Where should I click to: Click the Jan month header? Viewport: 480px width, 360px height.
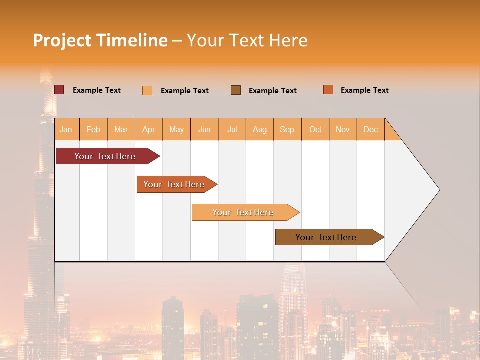[x=66, y=129]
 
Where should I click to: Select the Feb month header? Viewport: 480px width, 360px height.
[x=93, y=129]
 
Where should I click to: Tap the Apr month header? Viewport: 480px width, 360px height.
[x=149, y=129]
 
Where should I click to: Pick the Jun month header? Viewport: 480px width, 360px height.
[x=204, y=129]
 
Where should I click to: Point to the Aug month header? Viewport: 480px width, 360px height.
[x=260, y=129]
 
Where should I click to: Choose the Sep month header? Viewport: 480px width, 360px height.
[x=287, y=129]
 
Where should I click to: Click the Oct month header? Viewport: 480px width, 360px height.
[x=315, y=129]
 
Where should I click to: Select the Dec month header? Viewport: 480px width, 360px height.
[x=371, y=129]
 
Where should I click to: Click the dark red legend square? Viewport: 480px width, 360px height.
[x=59, y=90]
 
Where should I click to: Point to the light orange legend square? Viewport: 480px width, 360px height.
[x=147, y=90]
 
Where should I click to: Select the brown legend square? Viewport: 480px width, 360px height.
[x=236, y=90]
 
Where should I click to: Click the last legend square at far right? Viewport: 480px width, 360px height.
[x=328, y=90]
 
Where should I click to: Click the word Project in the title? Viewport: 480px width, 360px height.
[x=61, y=40]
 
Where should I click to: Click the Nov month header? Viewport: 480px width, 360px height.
[x=343, y=129]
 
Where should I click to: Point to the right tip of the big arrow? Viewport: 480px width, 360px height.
[x=438, y=190]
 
